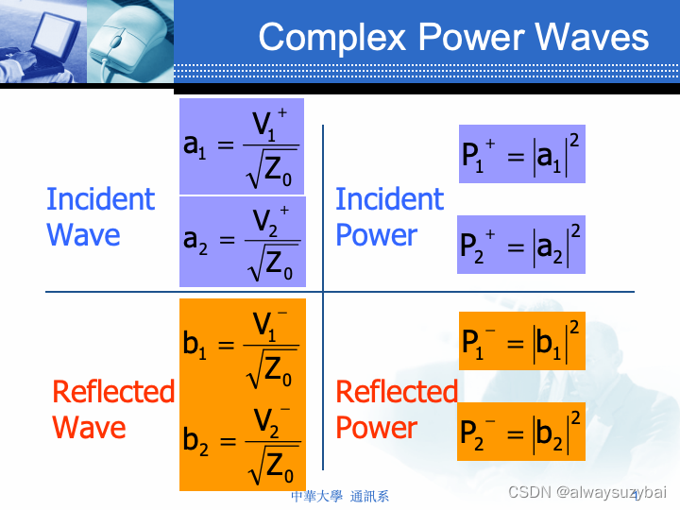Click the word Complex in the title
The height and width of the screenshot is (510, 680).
point(333,38)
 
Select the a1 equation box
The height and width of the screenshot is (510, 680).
point(242,145)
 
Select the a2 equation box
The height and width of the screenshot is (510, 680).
point(242,241)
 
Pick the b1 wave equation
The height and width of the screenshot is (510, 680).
point(242,348)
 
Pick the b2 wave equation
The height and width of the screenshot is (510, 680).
point(242,442)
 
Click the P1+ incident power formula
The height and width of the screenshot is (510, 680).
point(521,153)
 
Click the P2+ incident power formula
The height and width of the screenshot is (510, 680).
point(521,244)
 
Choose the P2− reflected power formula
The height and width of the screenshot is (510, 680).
point(521,431)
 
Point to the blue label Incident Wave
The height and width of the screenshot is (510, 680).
point(99,217)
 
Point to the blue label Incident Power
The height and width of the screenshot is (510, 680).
point(389,217)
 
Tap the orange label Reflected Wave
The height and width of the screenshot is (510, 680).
point(112,409)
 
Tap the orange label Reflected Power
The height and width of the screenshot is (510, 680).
point(396,409)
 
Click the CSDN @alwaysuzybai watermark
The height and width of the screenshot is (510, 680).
point(586,492)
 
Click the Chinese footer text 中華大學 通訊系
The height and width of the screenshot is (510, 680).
point(340,496)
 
